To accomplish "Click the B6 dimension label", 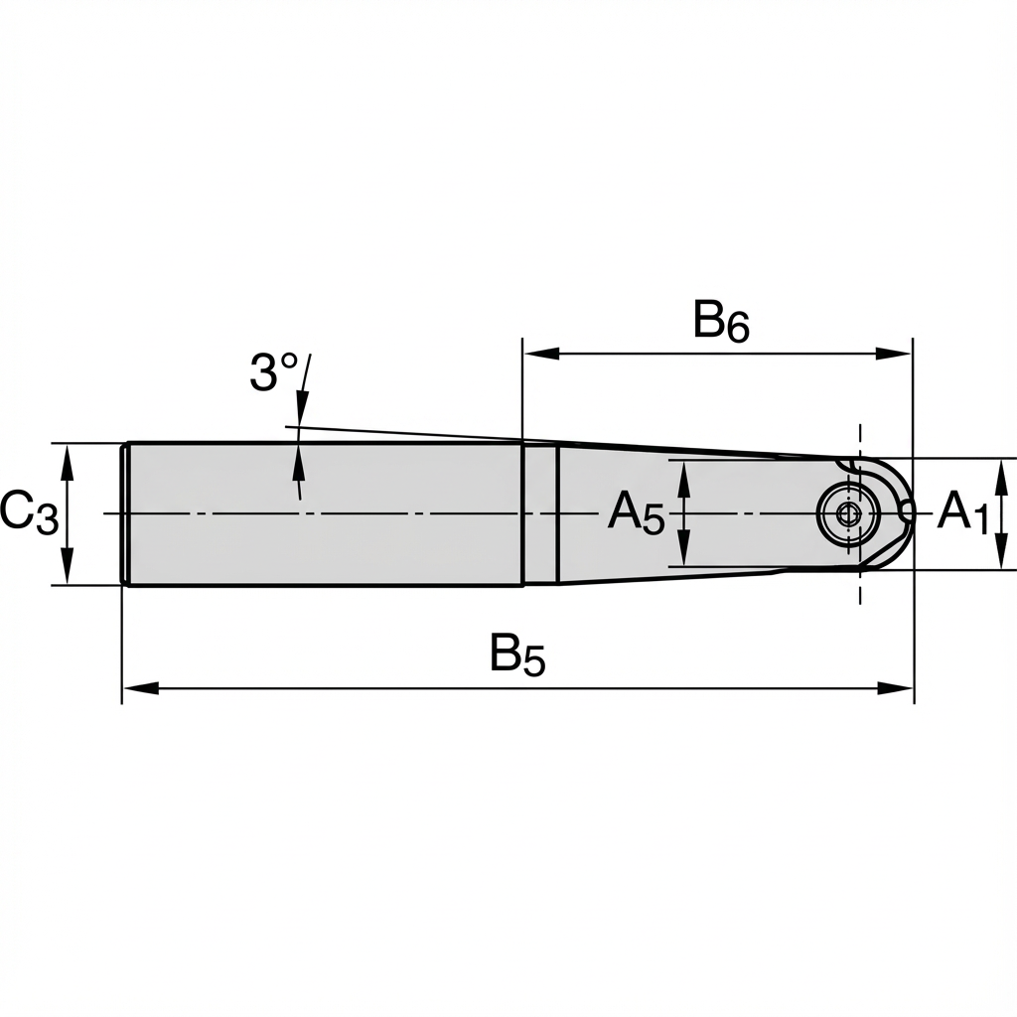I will [x=721, y=322].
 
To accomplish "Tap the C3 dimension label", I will [x=29, y=513].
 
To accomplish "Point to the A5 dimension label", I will [x=636, y=513].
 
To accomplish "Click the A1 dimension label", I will [x=963, y=513].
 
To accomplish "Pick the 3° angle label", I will [x=274, y=373].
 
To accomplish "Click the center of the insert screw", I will [x=847, y=513].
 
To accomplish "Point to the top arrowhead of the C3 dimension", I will [x=67, y=455].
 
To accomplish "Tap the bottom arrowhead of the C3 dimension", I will [x=67, y=573].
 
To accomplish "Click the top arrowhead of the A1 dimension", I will [x=1000, y=470].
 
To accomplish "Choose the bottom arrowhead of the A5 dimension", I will [x=683, y=555].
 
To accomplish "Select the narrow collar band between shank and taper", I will [x=539, y=513].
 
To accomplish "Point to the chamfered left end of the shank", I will [x=125, y=513].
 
